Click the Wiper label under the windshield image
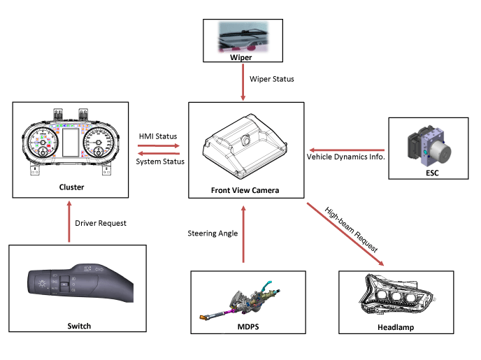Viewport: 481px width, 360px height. pos(241,57)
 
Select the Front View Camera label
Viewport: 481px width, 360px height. pos(245,190)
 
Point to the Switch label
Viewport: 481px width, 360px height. pos(78,326)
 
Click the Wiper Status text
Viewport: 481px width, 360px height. pos(272,79)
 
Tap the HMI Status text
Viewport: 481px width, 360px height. pos(159,136)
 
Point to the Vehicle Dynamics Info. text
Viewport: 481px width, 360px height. pos(346,157)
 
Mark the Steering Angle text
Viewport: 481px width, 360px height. pos(213,233)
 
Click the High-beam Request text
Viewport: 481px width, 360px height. pos(352,229)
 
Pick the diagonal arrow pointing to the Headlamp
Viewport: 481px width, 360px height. pos(346,235)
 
